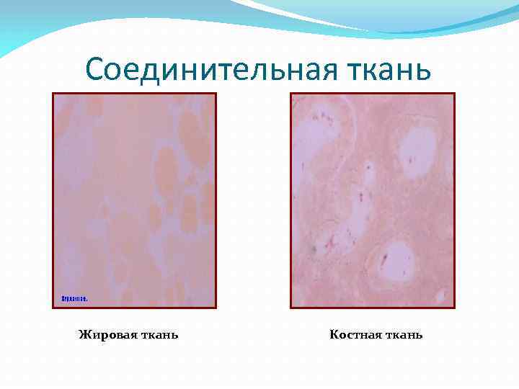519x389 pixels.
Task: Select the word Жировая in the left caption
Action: click(103, 334)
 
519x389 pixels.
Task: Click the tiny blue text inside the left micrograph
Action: click(74, 298)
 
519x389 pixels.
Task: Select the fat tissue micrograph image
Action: click(134, 200)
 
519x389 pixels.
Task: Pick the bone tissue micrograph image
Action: click(372, 200)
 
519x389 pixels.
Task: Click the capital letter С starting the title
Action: click(94, 70)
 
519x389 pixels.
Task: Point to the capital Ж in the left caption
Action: click(84, 334)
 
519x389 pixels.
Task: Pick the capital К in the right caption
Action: click(334, 334)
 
